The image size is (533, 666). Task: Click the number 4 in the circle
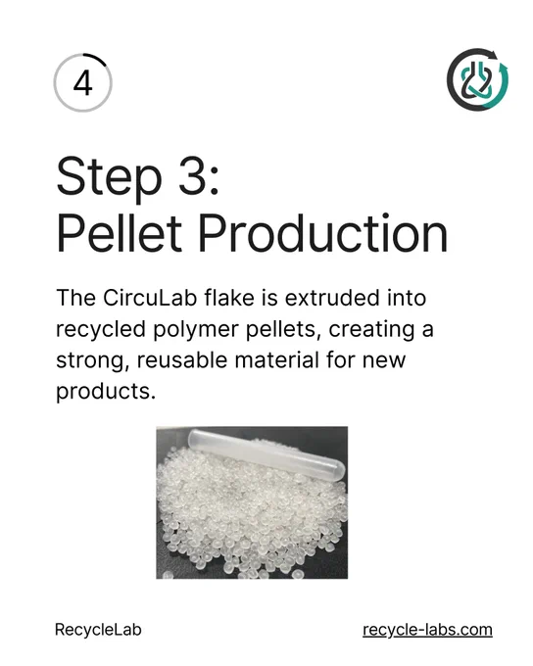pos(83,83)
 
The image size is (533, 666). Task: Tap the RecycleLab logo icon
pos(477,79)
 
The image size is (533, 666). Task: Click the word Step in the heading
pos(109,176)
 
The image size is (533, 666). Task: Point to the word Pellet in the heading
pos(119,233)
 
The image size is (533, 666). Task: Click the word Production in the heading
pos(323,233)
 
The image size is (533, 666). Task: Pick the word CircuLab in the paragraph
pos(150,298)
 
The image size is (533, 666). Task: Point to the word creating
pos(371,330)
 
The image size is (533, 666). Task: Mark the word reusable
pos(182,360)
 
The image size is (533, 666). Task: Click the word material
pos(276,360)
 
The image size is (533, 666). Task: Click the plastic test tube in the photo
pos(266,455)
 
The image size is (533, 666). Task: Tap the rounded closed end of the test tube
pos(339,471)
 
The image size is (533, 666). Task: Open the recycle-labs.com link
pos(427,630)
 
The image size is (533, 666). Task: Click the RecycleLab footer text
pos(98,630)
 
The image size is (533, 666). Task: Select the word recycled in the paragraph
pos(101,330)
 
